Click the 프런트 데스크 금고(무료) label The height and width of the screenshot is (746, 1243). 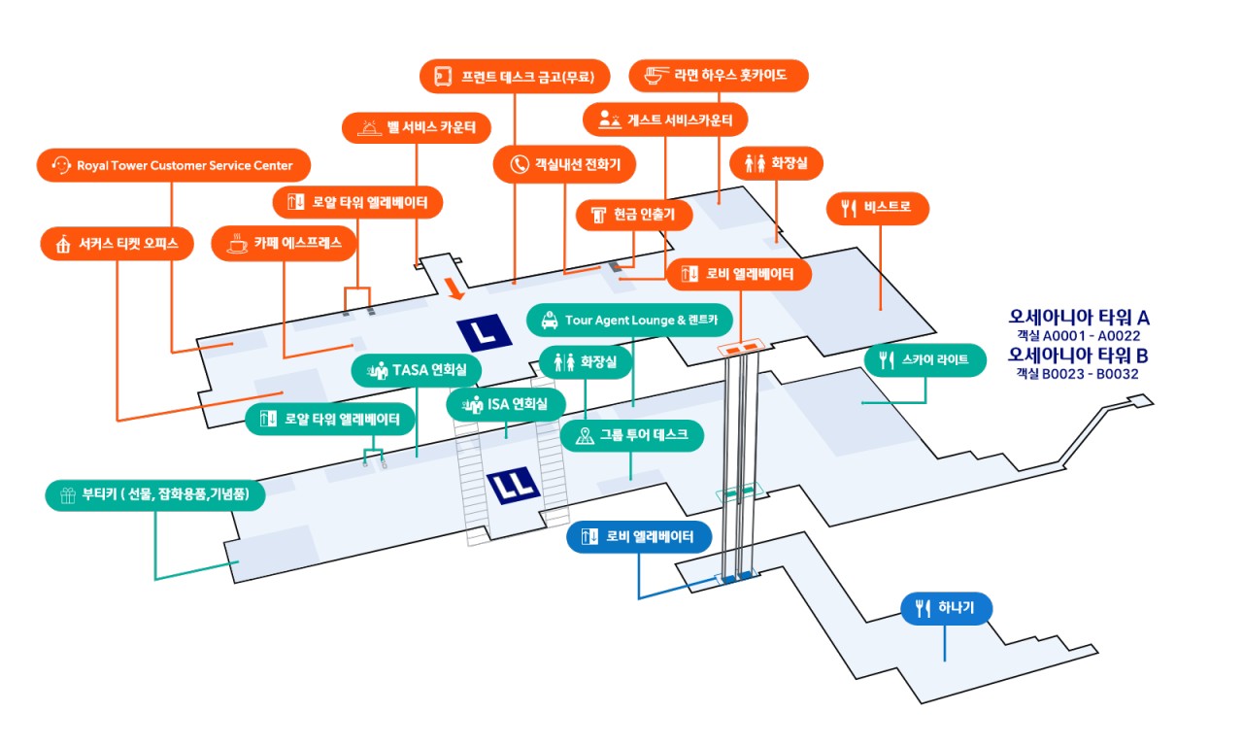click(x=515, y=75)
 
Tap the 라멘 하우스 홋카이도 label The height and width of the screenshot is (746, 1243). click(x=719, y=75)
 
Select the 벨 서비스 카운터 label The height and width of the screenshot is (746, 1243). click(x=417, y=127)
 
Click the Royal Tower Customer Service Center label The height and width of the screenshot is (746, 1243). click(x=173, y=165)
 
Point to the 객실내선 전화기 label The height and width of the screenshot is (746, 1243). click(x=564, y=164)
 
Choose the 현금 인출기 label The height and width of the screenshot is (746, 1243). click(x=633, y=215)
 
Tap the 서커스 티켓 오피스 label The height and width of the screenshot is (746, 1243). click(x=118, y=244)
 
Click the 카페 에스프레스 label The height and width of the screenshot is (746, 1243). click(x=284, y=244)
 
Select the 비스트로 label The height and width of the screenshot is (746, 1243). click(x=878, y=207)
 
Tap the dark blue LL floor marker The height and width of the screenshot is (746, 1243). click(x=515, y=485)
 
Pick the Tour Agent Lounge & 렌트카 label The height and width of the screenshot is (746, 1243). click(x=629, y=320)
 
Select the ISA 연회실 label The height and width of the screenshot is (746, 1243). click(x=506, y=404)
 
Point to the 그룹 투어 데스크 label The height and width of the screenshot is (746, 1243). click(x=631, y=435)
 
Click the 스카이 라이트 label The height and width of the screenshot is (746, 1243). click(x=924, y=361)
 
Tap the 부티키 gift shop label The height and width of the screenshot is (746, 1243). click(x=155, y=494)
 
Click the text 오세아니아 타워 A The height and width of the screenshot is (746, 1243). click(x=1079, y=318)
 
